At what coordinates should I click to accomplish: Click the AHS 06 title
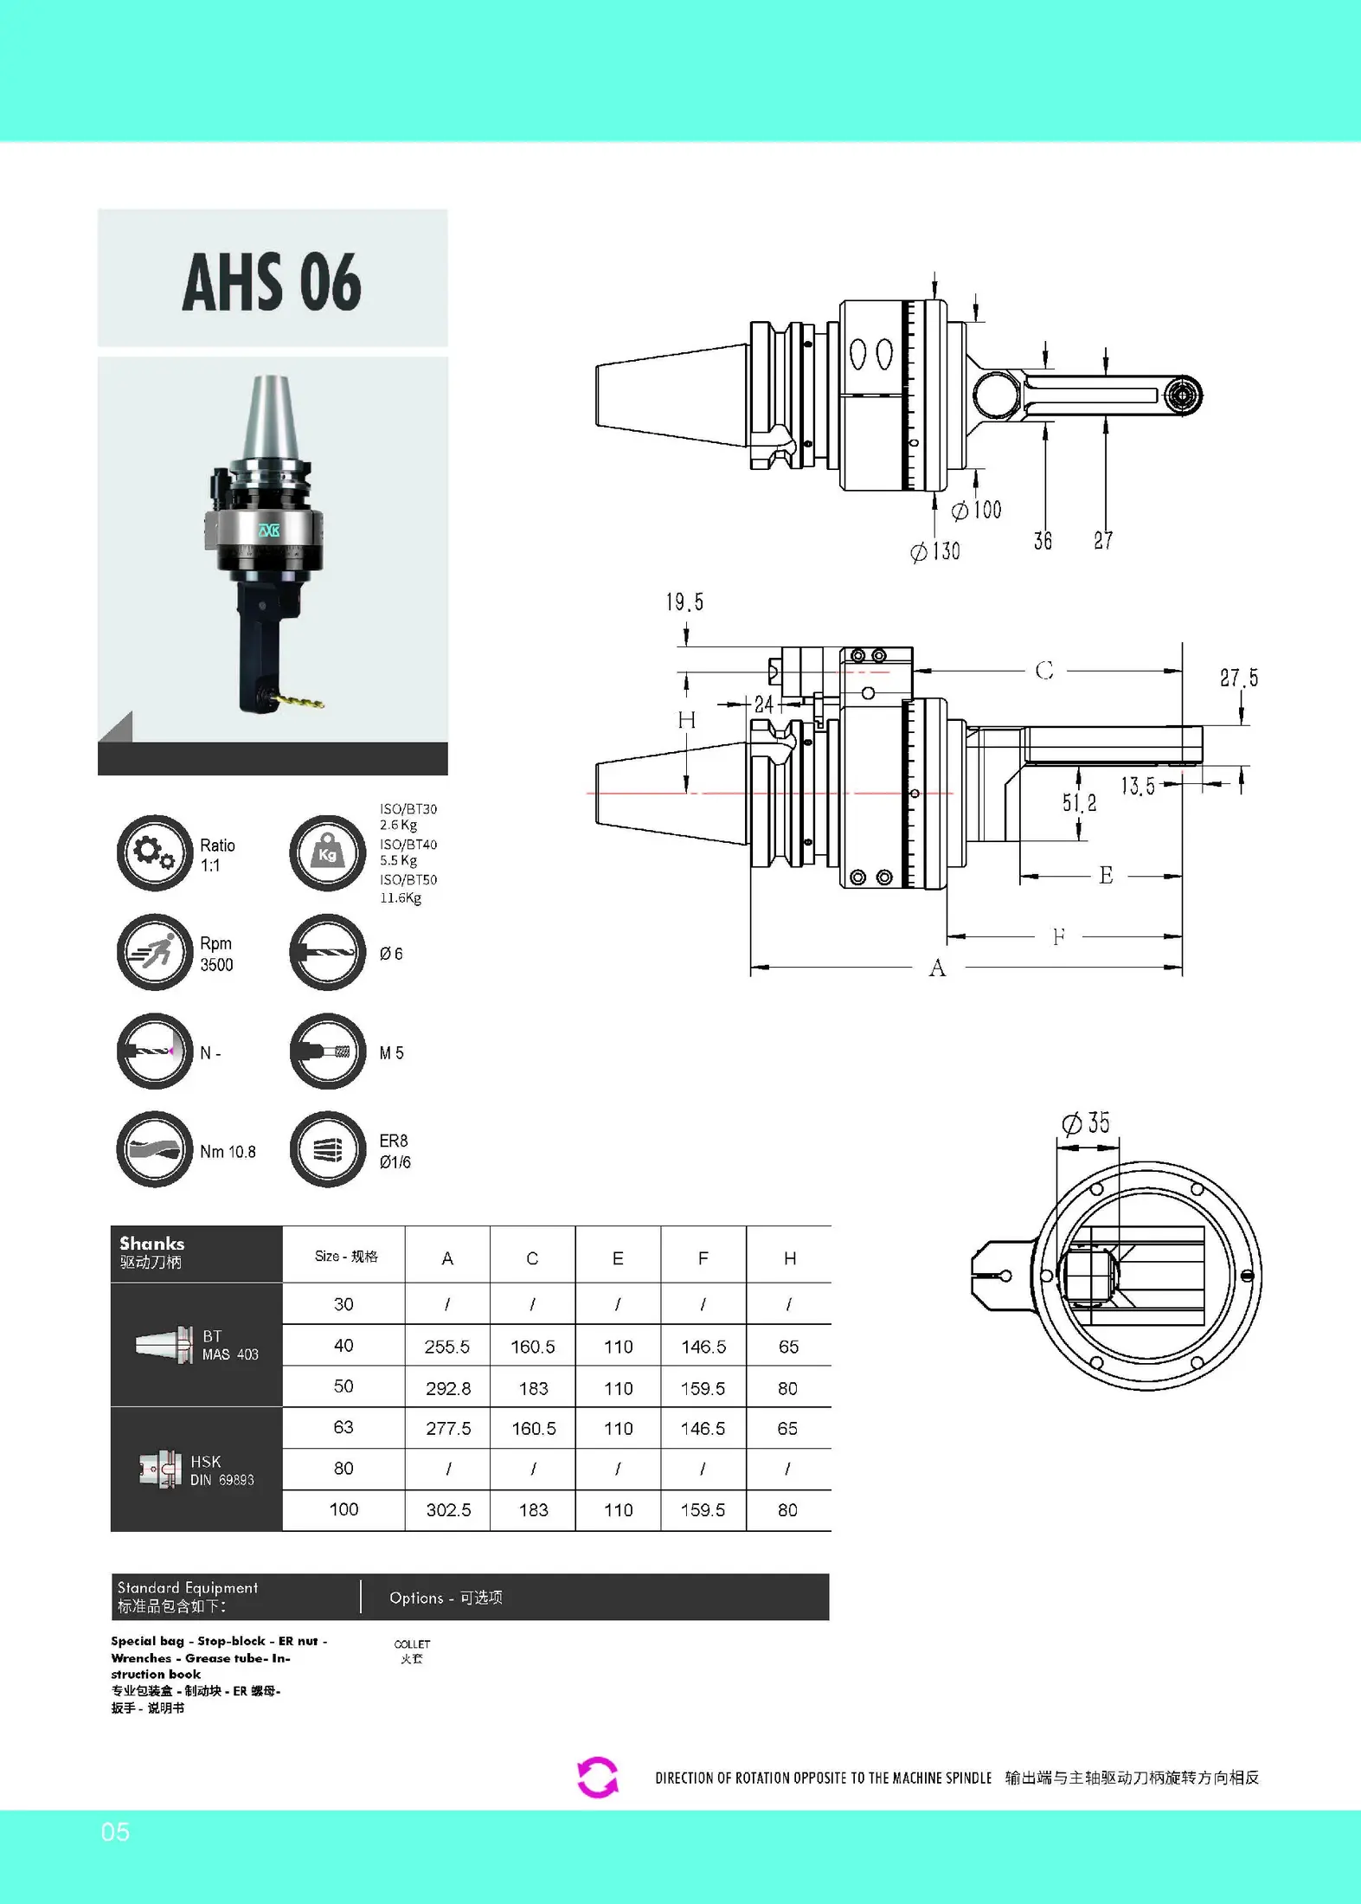(272, 282)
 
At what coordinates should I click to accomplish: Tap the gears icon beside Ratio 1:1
(155, 852)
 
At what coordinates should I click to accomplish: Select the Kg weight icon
(328, 852)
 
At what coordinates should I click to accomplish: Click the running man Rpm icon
(155, 952)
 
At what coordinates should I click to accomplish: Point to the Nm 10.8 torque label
(228, 1152)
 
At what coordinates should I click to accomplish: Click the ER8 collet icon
(328, 1149)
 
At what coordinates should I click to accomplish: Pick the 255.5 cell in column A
(447, 1347)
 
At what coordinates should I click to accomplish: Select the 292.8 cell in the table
(448, 1388)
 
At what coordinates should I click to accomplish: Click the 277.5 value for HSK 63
(448, 1429)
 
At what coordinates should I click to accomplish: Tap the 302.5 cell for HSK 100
(448, 1510)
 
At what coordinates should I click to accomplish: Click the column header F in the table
(703, 1258)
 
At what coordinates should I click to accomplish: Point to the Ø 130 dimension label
(935, 551)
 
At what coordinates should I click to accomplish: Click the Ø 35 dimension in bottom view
(1086, 1123)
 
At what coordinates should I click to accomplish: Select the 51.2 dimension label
(1080, 803)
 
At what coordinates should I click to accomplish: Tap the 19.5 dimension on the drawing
(684, 602)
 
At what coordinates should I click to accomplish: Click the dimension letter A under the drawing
(938, 968)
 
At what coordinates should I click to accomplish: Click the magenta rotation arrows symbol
(598, 1778)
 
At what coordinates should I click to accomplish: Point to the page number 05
(115, 1831)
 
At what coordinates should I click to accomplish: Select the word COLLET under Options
(412, 1643)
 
